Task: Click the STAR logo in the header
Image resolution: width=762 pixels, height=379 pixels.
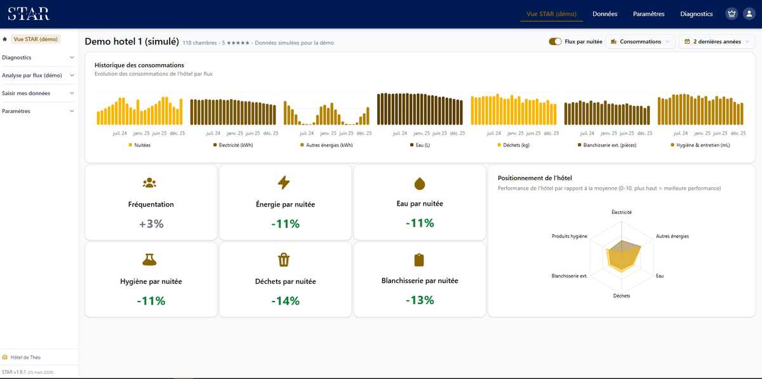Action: pyautogui.click(x=29, y=13)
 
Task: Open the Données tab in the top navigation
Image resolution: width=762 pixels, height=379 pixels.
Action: pyautogui.click(x=605, y=14)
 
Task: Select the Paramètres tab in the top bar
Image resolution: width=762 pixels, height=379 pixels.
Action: pyautogui.click(x=648, y=14)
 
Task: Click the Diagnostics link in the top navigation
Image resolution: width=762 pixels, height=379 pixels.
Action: pyautogui.click(x=697, y=14)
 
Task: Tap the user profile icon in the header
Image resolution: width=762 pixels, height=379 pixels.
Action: pyautogui.click(x=749, y=13)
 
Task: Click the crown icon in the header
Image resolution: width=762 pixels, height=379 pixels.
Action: pyautogui.click(x=732, y=13)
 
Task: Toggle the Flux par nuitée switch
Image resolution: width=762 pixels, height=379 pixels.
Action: pyautogui.click(x=555, y=41)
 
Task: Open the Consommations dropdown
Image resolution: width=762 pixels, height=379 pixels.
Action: pyautogui.click(x=640, y=41)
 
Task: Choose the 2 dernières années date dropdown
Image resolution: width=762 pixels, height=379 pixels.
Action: pyautogui.click(x=717, y=41)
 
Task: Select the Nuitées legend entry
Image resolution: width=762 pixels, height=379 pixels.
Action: pyautogui.click(x=140, y=145)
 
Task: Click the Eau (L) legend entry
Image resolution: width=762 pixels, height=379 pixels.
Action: pyautogui.click(x=420, y=145)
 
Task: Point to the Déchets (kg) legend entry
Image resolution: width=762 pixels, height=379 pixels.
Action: pyautogui.click(x=514, y=145)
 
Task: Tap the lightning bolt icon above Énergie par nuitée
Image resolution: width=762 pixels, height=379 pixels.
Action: pyautogui.click(x=284, y=182)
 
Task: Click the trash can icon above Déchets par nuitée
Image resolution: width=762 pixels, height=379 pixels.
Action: pyautogui.click(x=284, y=260)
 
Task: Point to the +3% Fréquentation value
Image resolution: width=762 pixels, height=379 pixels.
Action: pyautogui.click(x=151, y=224)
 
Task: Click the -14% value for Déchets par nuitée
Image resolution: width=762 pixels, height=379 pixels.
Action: pyautogui.click(x=285, y=301)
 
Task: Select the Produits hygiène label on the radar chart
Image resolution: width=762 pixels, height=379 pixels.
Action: pyautogui.click(x=570, y=236)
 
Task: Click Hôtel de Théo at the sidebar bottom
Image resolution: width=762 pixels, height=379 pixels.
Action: pyautogui.click(x=25, y=357)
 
